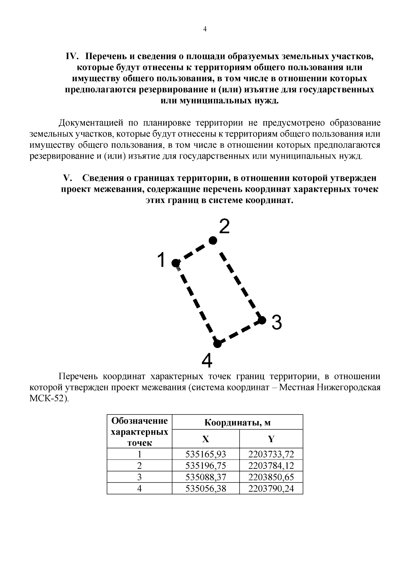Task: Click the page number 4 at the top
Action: click(x=205, y=29)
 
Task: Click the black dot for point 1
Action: click(x=176, y=263)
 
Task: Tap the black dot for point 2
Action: click(x=213, y=241)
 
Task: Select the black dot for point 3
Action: click(x=262, y=320)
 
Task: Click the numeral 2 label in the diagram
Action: click(x=224, y=227)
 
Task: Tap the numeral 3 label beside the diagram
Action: click(x=276, y=322)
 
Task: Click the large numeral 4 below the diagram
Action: click(x=207, y=360)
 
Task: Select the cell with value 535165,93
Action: click(x=206, y=454)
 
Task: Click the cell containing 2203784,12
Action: click(x=271, y=466)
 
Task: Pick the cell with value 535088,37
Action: click(x=206, y=477)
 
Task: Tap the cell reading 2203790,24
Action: click(x=271, y=489)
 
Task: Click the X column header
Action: click(x=205, y=439)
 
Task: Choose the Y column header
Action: click(x=271, y=439)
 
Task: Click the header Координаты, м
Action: click(x=237, y=423)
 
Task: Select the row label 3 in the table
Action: click(x=139, y=477)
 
